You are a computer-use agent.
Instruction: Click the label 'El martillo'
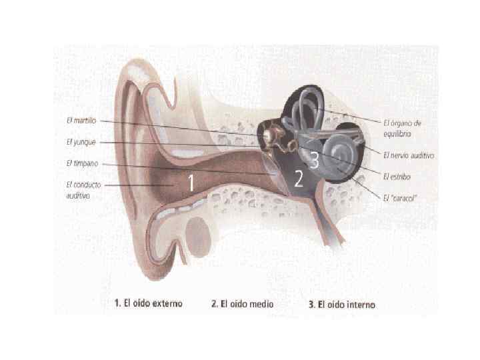coord(81,121)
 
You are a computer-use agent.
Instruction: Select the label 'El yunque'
coord(81,141)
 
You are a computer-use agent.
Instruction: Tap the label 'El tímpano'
coord(82,163)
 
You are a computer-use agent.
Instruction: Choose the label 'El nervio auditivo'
coord(408,155)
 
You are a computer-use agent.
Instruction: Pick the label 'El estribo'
coord(397,177)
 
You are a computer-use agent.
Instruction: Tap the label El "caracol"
coord(401,197)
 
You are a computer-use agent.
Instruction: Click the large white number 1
coord(191,181)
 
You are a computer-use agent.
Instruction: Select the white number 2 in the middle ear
coord(299,178)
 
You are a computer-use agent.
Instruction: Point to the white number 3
coord(314,160)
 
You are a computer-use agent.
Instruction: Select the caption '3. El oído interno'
coord(341,305)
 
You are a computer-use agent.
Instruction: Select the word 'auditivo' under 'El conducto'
coord(78,197)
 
